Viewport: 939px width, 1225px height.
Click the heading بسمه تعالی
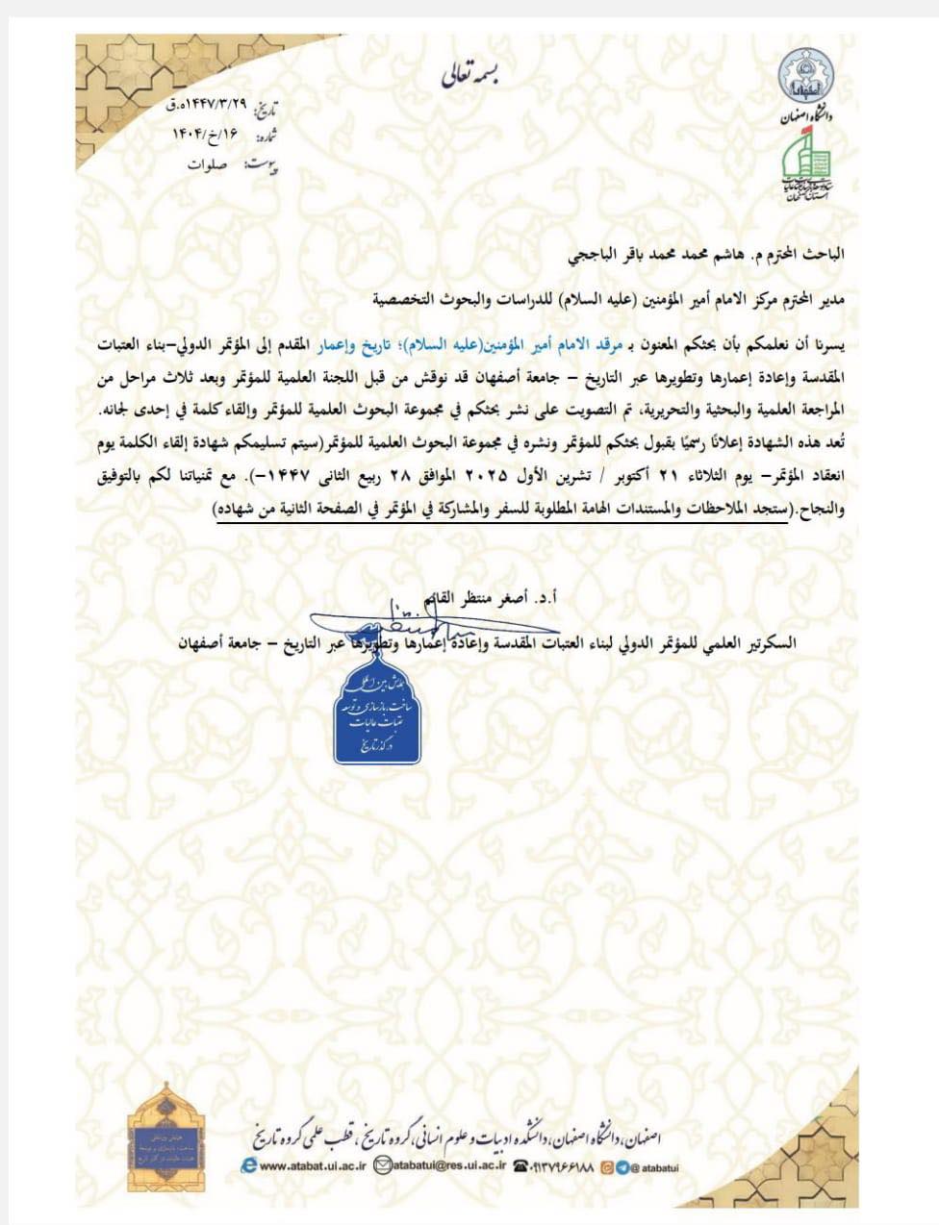pyautogui.click(x=471, y=74)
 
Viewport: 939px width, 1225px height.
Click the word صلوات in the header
pyautogui.click(x=207, y=164)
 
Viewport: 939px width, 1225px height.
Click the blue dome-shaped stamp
pyautogui.click(x=377, y=715)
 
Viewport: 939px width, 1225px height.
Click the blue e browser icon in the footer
pyautogui.click(x=248, y=1166)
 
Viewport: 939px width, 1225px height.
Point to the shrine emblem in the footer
pyautogui.click(x=165, y=1137)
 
